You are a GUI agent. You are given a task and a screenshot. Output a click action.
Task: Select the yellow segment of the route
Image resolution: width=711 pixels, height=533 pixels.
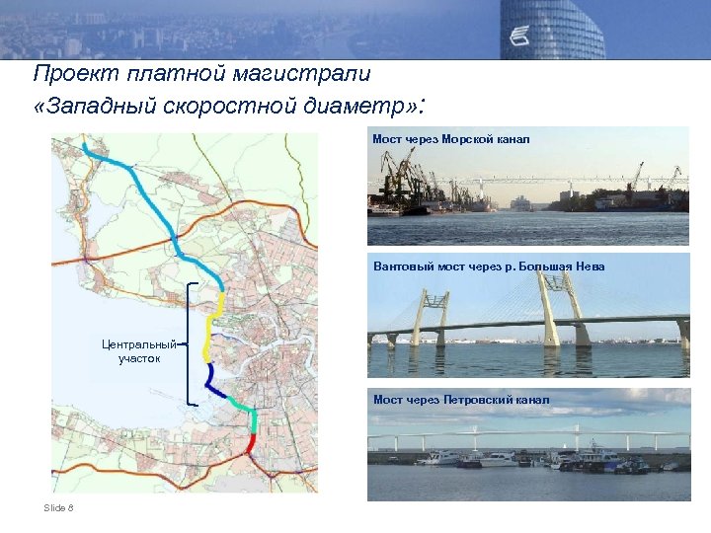(x=208, y=331)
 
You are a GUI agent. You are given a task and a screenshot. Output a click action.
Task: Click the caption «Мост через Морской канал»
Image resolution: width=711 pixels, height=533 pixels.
(x=450, y=139)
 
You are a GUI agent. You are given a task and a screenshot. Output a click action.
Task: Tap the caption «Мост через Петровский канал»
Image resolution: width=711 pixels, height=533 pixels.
(x=461, y=400)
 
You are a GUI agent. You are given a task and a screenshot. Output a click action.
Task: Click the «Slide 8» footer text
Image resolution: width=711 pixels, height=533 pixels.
(x=58, y=507)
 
